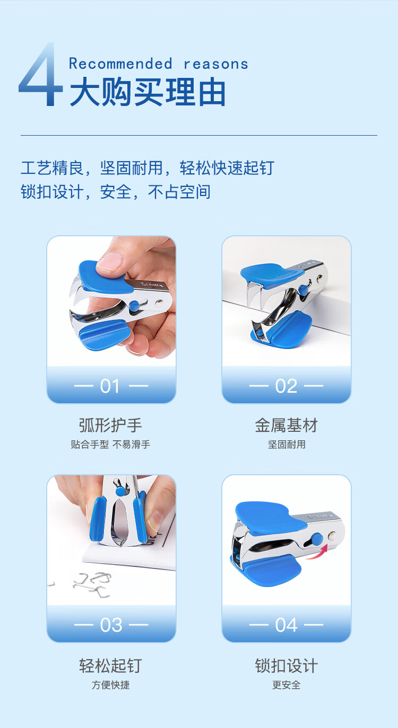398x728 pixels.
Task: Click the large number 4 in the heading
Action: (41, 74)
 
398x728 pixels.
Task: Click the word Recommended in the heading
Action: (120, 64)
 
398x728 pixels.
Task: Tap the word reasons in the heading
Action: (216, 65)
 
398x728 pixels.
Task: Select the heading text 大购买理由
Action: (148, 92)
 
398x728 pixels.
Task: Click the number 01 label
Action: (110, 386)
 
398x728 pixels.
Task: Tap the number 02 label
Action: (286, 386)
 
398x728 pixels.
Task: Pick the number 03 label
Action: (111, 625)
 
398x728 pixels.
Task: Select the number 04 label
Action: (287, 625)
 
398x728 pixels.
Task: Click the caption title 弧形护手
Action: (111, 425)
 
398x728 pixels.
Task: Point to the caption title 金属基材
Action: (287, 425)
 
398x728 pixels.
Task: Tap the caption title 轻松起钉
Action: (111, 665)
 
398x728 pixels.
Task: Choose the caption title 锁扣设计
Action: (287, 665)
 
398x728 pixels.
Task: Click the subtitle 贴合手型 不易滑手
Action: (111, 445)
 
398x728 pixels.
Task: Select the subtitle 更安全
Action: (287, 685)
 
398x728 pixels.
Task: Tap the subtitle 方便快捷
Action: (111, 685)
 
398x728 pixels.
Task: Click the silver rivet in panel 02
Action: (320, 277)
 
